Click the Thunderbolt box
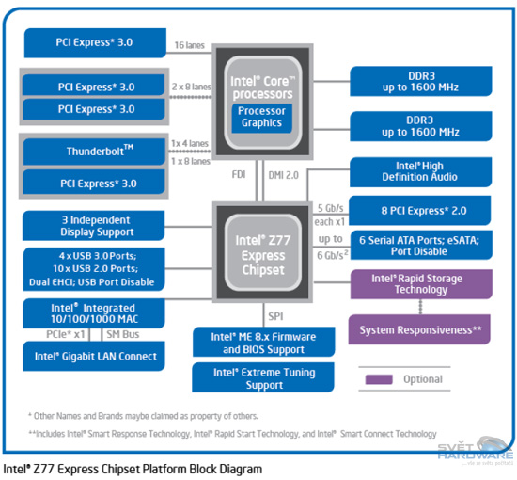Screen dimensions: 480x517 (x=100, y=151)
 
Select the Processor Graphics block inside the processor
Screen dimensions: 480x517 (x=262, y=117)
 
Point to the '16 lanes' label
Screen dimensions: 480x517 (x=191, y=43)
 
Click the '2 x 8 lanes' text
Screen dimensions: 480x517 (x=191, y=86)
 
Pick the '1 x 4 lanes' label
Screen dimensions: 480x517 (x=190, y=143)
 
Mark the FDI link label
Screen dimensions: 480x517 (x=240, y=174)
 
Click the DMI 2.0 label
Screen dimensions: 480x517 (x=285, y=174)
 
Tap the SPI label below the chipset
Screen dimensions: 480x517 (x=274, y=317)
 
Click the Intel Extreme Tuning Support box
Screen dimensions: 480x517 (x=264, y=378)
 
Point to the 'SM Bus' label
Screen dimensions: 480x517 (x=124, y=334)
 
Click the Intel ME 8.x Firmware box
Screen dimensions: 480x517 (x=264, y=343)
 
